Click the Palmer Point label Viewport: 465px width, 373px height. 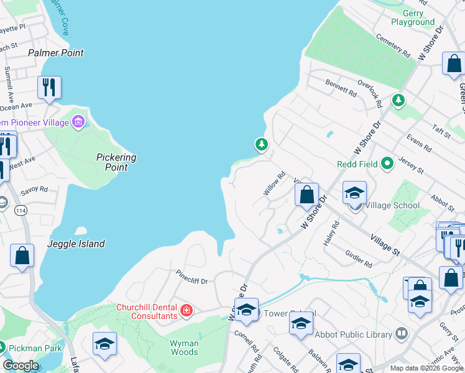click(56, 53)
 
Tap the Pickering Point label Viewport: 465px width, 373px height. click(116, 162)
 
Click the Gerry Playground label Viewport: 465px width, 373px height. click(413, 17)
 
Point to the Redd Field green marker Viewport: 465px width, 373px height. click(387, 164)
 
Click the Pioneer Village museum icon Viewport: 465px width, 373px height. click(78, 122)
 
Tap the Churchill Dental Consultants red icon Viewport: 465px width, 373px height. click(185, 310)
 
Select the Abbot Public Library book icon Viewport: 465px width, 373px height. click(402, 334)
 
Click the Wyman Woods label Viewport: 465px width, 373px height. click(185, 348)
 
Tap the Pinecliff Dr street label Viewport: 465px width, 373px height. click(191, 277)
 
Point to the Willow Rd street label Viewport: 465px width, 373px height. click(274, 184)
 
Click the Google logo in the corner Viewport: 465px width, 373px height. click(21, 366)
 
